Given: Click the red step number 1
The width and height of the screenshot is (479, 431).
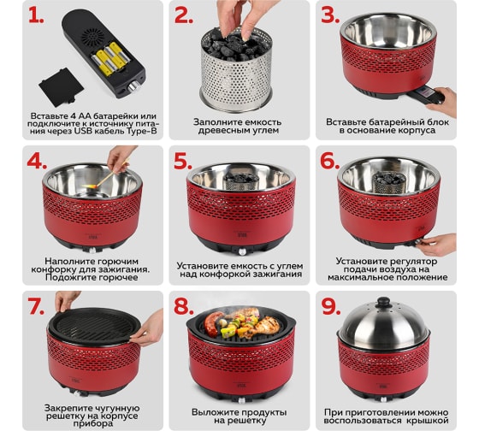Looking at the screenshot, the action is click(x=36, y=15).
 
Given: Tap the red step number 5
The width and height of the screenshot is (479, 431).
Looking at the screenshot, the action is click(x=183, y=161).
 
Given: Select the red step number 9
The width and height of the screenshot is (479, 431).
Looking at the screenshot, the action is click(x=331, y=306).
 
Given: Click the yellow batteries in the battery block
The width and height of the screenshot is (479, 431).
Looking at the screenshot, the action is click(x=111, y=59).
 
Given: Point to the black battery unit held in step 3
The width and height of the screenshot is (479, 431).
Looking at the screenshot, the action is click(x=426, y=94).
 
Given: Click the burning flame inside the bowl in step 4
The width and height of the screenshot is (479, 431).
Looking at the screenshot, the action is click(x=93, y=186).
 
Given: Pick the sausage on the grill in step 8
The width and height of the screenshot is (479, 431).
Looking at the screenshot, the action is click(x=213, y=323).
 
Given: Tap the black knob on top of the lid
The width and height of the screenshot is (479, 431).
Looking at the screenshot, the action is click(x=383, y=302).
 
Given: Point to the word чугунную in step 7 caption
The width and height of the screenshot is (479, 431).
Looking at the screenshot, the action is click(x=117, y=408).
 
